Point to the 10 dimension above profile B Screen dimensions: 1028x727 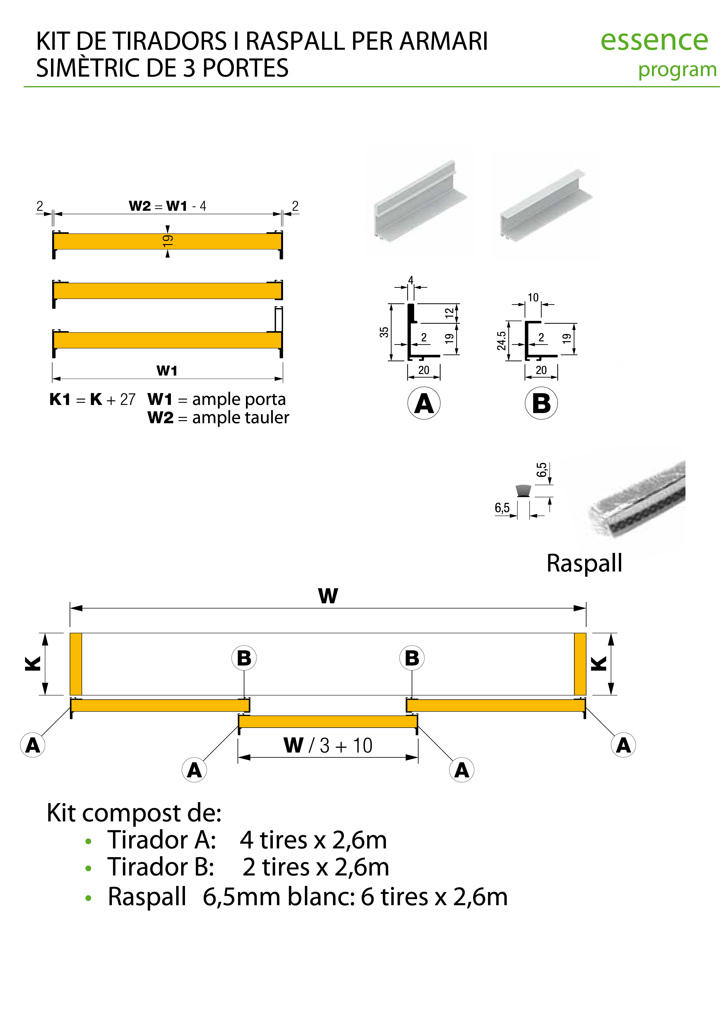[533, 298]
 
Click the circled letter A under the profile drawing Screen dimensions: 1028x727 [424, 404]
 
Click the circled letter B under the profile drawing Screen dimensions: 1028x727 [541, 404]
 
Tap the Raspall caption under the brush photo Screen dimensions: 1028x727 [584, 563]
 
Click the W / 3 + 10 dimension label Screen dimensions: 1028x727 [328, 746]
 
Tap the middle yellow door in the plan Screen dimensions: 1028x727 [328, 721]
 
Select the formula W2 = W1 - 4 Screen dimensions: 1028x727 [167, 206]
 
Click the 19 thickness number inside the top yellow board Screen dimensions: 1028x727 [167, 241]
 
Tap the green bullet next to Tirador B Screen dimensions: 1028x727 [88, 869]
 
